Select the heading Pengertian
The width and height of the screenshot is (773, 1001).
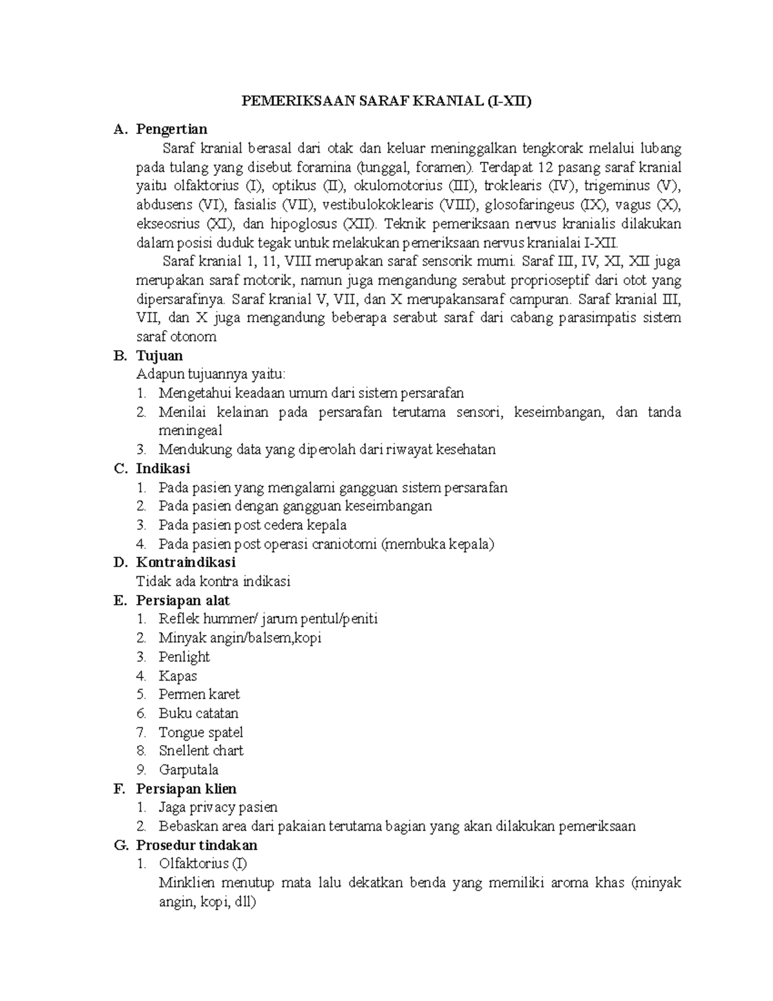[x=171, y=130]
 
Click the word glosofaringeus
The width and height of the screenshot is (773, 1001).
[x=529, y=205]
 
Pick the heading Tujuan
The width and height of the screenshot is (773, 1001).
[x=159, y=356]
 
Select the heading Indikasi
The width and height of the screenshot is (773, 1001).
[x=163, y=469]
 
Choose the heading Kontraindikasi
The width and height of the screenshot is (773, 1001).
[x=186, y=562]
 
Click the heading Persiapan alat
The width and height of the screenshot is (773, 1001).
[x=183, y=600]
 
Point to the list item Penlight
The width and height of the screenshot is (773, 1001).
[x=184, y=657]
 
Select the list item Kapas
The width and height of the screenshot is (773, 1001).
[x=178, y=675]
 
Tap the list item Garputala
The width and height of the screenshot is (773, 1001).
[x=189, y=770]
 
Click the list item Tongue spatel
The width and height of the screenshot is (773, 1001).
[x=201, y=732]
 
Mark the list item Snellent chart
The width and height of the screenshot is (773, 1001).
[x=201, y=751]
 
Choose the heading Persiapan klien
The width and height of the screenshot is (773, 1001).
[x=186, y=789]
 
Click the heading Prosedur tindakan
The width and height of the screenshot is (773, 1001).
[x=196, y=845]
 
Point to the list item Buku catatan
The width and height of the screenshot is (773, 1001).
[x=198, y=714]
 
